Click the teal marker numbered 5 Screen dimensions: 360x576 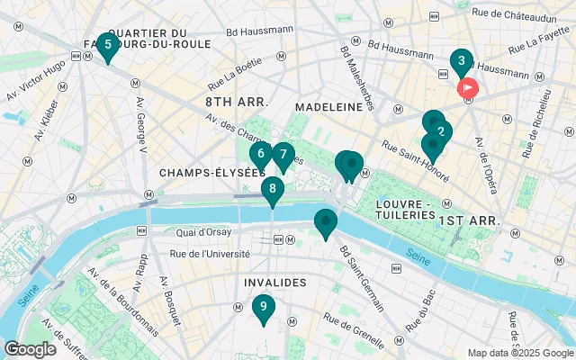(108, 45)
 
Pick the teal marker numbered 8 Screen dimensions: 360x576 (273, 190)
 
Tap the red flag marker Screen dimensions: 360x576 (468, 88)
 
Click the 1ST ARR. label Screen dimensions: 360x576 (460, 220)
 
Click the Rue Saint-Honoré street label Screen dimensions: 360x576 (415, 160)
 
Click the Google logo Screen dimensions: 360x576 (30, 349)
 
